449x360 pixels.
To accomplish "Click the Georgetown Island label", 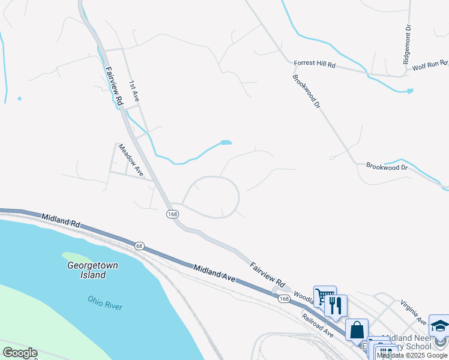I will coord(92,270).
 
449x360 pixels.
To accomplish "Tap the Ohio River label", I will coord(104,302).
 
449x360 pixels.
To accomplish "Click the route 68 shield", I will coord(139,245).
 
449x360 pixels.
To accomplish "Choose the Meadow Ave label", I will coord(130,160).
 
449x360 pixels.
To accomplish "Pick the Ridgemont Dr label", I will coord(407,44).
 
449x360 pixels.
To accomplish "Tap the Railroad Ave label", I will coord(318,325).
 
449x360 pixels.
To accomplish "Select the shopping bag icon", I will coord(357,329).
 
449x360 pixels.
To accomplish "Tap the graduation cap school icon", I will coord(439,325).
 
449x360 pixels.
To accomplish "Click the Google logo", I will coord(20,353).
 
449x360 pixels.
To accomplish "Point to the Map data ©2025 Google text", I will coord(412,355).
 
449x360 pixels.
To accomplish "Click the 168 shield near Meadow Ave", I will coord(172,214).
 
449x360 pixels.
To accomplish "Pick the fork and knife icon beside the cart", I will coord(336,305).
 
